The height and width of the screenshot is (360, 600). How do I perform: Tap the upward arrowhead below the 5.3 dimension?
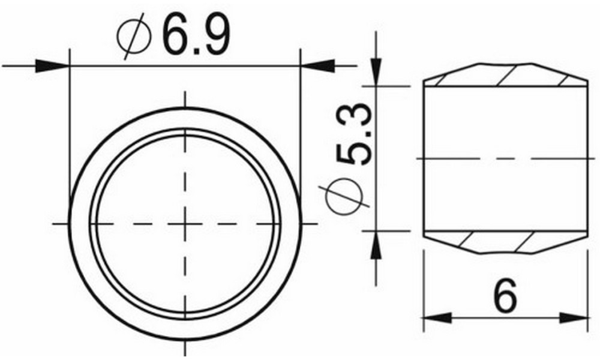pyautogui.click(x=376, y=245)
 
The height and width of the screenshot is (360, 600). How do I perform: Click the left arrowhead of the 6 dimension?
pyautogui.click(x=438, y=319)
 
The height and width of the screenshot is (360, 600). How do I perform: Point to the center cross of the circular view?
pyautogui.click(x=184, y=223)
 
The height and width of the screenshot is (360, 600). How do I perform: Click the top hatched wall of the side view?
pyautogui.click(x=504, y=76)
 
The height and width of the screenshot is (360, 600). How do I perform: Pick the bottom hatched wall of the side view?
pyautogui.click(x=504, y=241)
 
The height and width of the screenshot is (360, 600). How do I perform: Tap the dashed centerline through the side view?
pyautogui.click(x=504, y=158)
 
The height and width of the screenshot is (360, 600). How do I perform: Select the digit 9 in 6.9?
pyautogui.click(x=214, y=37)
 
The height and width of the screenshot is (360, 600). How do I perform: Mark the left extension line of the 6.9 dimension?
pyautogui.click(x=70, y=120)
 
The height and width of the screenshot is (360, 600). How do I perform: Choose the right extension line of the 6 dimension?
pyautogui.click(x=586, y=288)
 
